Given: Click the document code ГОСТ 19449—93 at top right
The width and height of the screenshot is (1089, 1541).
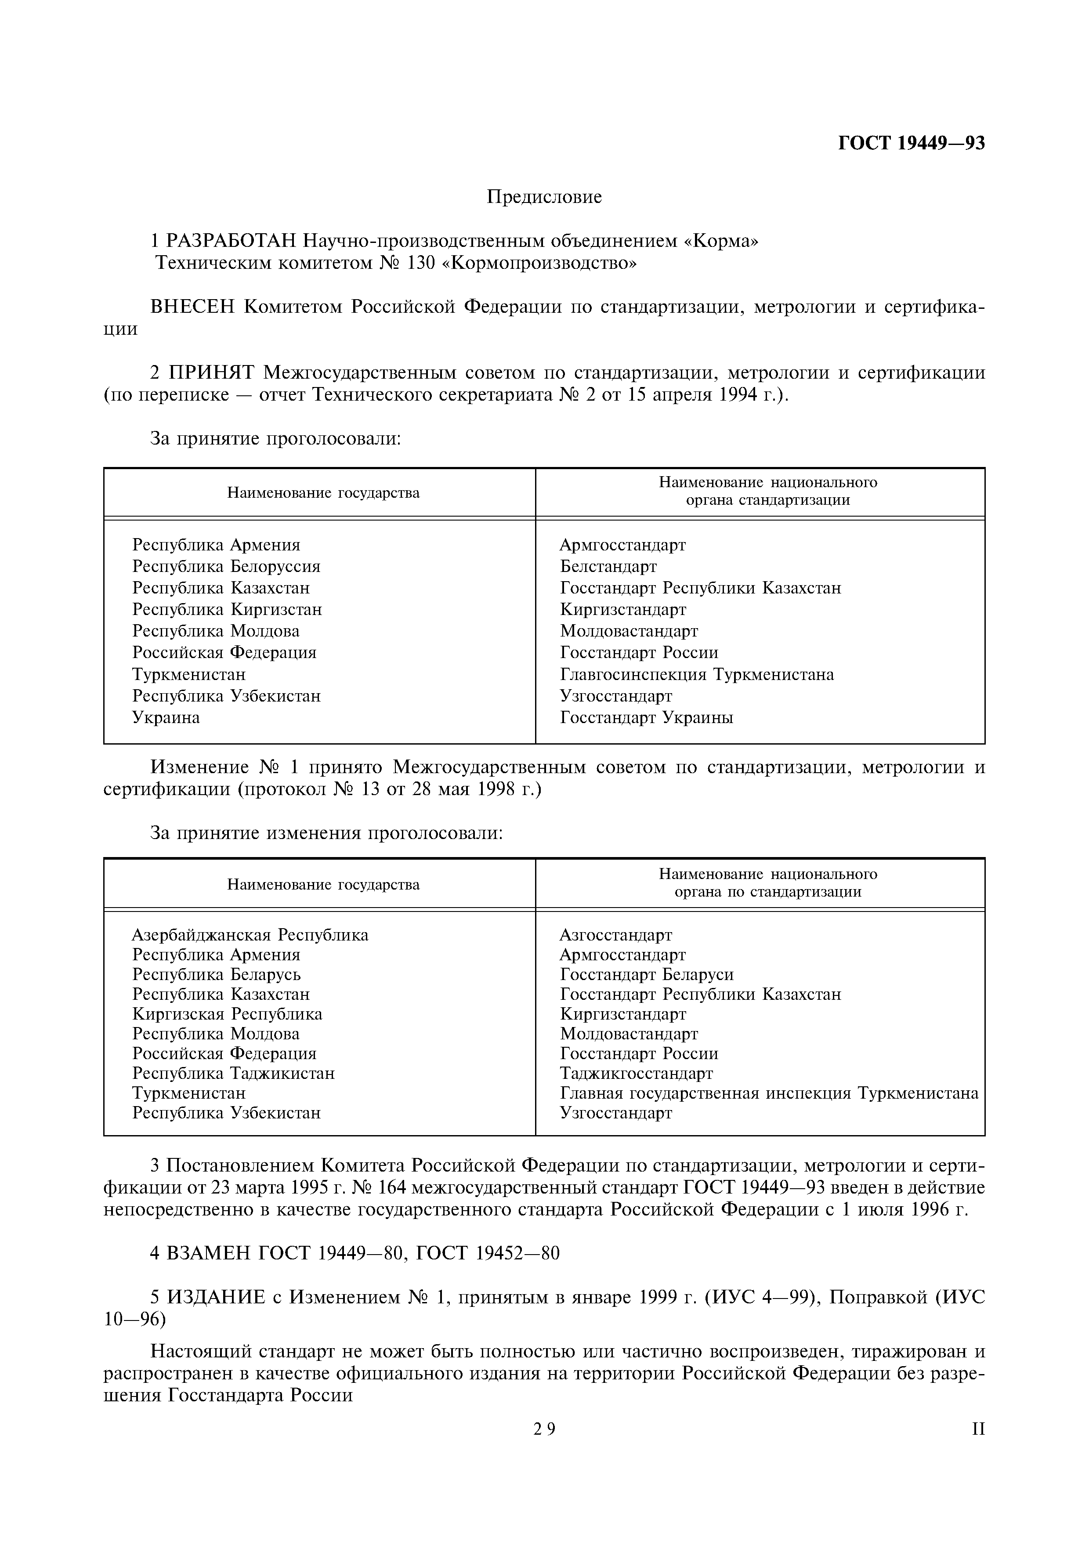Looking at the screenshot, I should click(x=911, y=143).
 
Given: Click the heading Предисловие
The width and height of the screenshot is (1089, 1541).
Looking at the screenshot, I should click(x=544, y=197).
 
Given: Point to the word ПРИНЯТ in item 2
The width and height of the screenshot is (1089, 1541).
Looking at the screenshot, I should click(x=212, y=373).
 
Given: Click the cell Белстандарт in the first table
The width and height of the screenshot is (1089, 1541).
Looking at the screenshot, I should click(x=608, y=567).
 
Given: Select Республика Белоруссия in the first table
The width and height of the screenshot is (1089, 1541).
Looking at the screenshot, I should click(x=226, y=567).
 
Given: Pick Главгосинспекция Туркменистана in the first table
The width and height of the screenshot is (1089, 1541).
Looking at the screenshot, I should click(x=696, y=675).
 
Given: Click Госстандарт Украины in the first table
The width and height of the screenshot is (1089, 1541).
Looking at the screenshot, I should click(x=646, y=717).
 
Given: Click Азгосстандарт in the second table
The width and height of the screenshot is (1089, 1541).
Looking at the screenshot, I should click(x=615, y=935).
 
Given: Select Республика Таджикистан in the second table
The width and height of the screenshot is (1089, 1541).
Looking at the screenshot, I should click(x=233, y=1073).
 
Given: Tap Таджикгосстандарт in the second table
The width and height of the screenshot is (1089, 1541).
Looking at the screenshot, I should click(x=636, y=1073).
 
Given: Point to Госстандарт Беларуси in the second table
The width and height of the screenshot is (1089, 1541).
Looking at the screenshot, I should click(x=646, y=974).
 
